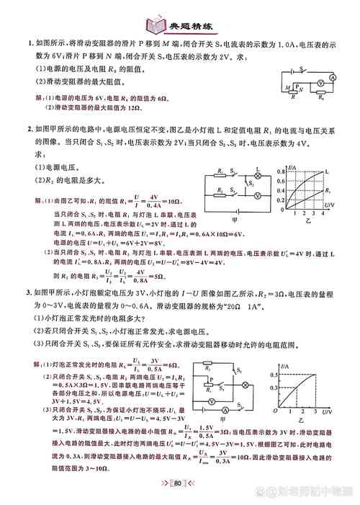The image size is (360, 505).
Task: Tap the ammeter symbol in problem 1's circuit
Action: point(333,76)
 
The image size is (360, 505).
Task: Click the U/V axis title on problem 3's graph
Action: point(327,410)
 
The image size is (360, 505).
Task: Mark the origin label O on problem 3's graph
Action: point(275,411)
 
